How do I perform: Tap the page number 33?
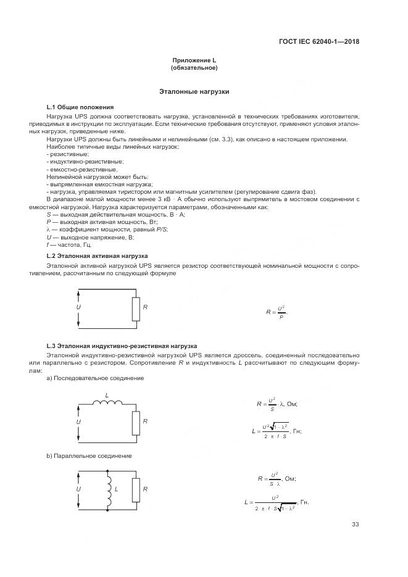(x=355, y=525)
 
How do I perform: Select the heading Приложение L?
(x=194, y=60)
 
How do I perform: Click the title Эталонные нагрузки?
(x=194, y=91)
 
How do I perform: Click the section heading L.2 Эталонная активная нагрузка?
(x=98, y=255)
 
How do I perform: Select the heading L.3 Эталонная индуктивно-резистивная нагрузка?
(x=122, y=346)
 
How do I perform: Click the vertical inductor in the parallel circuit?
(x=109, y=489)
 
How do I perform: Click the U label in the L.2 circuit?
(x=79, y=307)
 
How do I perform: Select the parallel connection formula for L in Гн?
(x=276, y=502)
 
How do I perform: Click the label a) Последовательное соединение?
(x=86, y=378)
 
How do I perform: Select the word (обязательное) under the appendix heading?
(x=194, y=67)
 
